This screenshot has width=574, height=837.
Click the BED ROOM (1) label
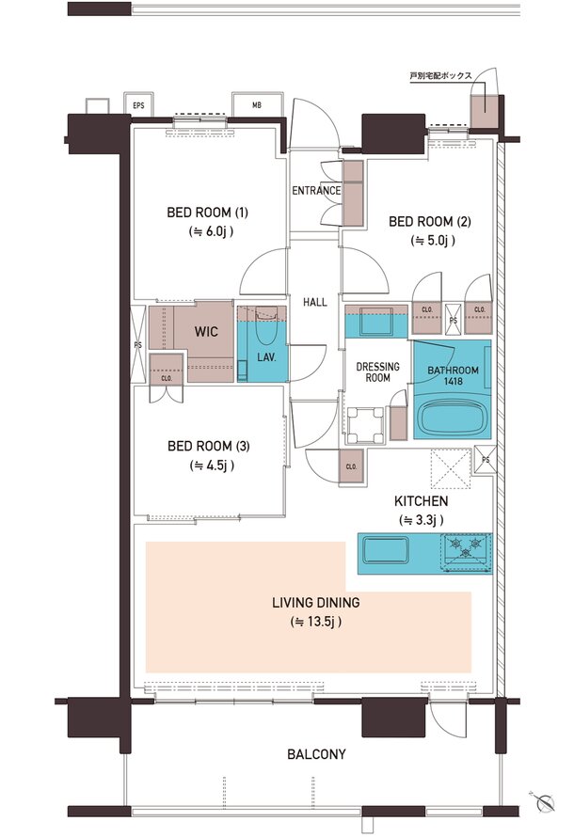[207, 213]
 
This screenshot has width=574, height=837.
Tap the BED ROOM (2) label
[430, 221]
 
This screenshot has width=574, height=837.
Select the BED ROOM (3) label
[208, 446]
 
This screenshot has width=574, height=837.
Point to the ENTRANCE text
[316, 191]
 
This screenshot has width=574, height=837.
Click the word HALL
[315, 302]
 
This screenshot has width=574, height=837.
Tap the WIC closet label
[206, 331]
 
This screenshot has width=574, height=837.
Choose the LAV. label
[266, 357]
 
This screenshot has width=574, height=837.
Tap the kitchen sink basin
[386, 550]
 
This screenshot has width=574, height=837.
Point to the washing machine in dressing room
[366, 425]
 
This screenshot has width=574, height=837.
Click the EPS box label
[139, 105]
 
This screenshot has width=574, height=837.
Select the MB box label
[257, 105]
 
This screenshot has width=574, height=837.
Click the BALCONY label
[316, 754]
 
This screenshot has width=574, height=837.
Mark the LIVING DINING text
[315, 603]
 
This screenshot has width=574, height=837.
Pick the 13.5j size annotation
[315, 622]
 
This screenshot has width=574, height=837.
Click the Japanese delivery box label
[441, 76]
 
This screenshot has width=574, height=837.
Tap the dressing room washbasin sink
[376, 323]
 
